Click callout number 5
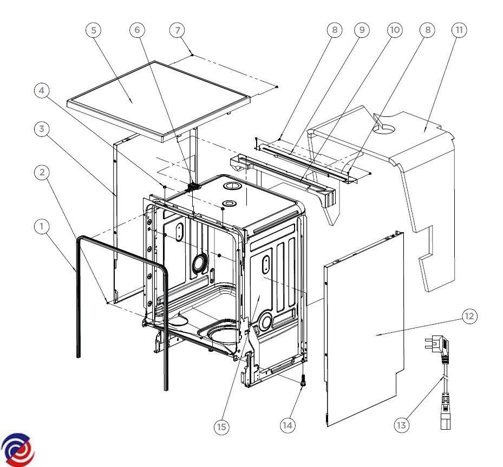coord(94,30)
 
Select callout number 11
coord(459,30)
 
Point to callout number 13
coord(401,425)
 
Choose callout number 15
coord(221,427)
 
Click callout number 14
coord(288,425)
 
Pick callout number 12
coord(469,316)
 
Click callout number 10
coord(395,30)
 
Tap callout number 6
coord(137,30)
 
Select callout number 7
coord(177,30)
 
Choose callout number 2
coord(41,173)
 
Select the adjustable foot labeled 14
coord(302,382)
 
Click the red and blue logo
coord(17,448)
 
